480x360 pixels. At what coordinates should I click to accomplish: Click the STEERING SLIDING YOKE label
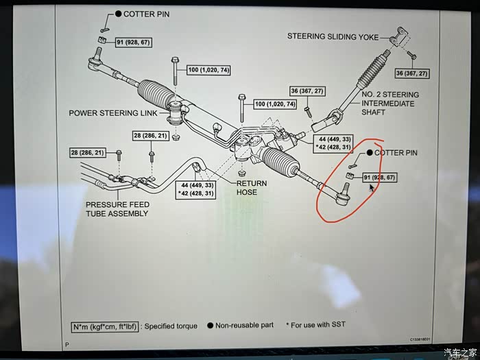pyautogui.click(x=333, y=36)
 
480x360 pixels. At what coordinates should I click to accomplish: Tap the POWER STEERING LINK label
pyautogui.click(x=113, y=113)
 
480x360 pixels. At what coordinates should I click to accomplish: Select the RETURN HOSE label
pyautogui.click(x=247, y=188)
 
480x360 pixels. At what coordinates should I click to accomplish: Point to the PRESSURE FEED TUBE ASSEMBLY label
pyautogui.click(x=117, y=209)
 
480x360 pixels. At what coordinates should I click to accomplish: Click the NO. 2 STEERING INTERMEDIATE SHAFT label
pyautogui.click(x=389, y=104)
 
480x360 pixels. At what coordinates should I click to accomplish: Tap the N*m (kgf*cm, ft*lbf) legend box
pyautogui.click(x=106, y=326)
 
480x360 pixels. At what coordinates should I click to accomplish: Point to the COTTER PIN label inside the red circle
pyautogui.click(x=396, y=153)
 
